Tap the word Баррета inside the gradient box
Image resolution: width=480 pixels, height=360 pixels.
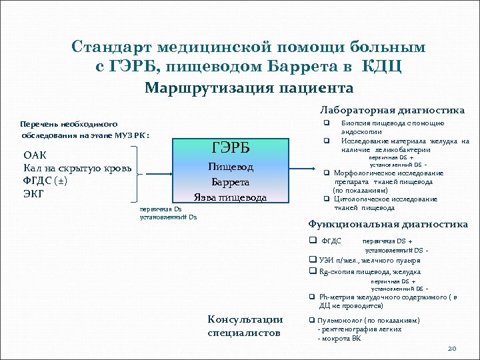(x=230, y=181)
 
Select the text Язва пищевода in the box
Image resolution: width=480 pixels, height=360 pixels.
(x=230, y=197)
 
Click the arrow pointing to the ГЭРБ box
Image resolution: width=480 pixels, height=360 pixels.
(x=160, y=175)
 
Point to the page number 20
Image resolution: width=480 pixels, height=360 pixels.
(x=451, y=348)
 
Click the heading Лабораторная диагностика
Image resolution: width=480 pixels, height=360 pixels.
(x=392, y=110)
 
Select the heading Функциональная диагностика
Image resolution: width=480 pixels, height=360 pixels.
(x=388, y=224)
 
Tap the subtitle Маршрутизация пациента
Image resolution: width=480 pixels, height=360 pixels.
(x=249, y=88)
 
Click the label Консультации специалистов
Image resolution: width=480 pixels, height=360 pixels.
(x=245, y=326)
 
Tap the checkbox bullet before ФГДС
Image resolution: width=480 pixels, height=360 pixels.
(x=311, y=240)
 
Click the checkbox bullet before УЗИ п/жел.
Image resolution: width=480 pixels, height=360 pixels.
(x=311, y=260)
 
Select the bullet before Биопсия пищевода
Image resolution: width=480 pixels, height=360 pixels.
(x=327, y=123)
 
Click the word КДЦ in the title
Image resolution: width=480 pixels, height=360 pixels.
(x=382, y=67)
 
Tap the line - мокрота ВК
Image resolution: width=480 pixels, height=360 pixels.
(x=339, y=338)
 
